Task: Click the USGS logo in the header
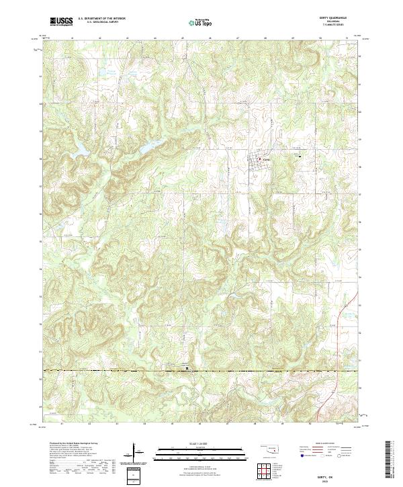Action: coord(62,21)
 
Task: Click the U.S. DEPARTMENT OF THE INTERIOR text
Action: coord(103,18)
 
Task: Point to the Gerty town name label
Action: coord(265,159)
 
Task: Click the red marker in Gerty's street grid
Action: coord(260,159)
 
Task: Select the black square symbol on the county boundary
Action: coord(187,368)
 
